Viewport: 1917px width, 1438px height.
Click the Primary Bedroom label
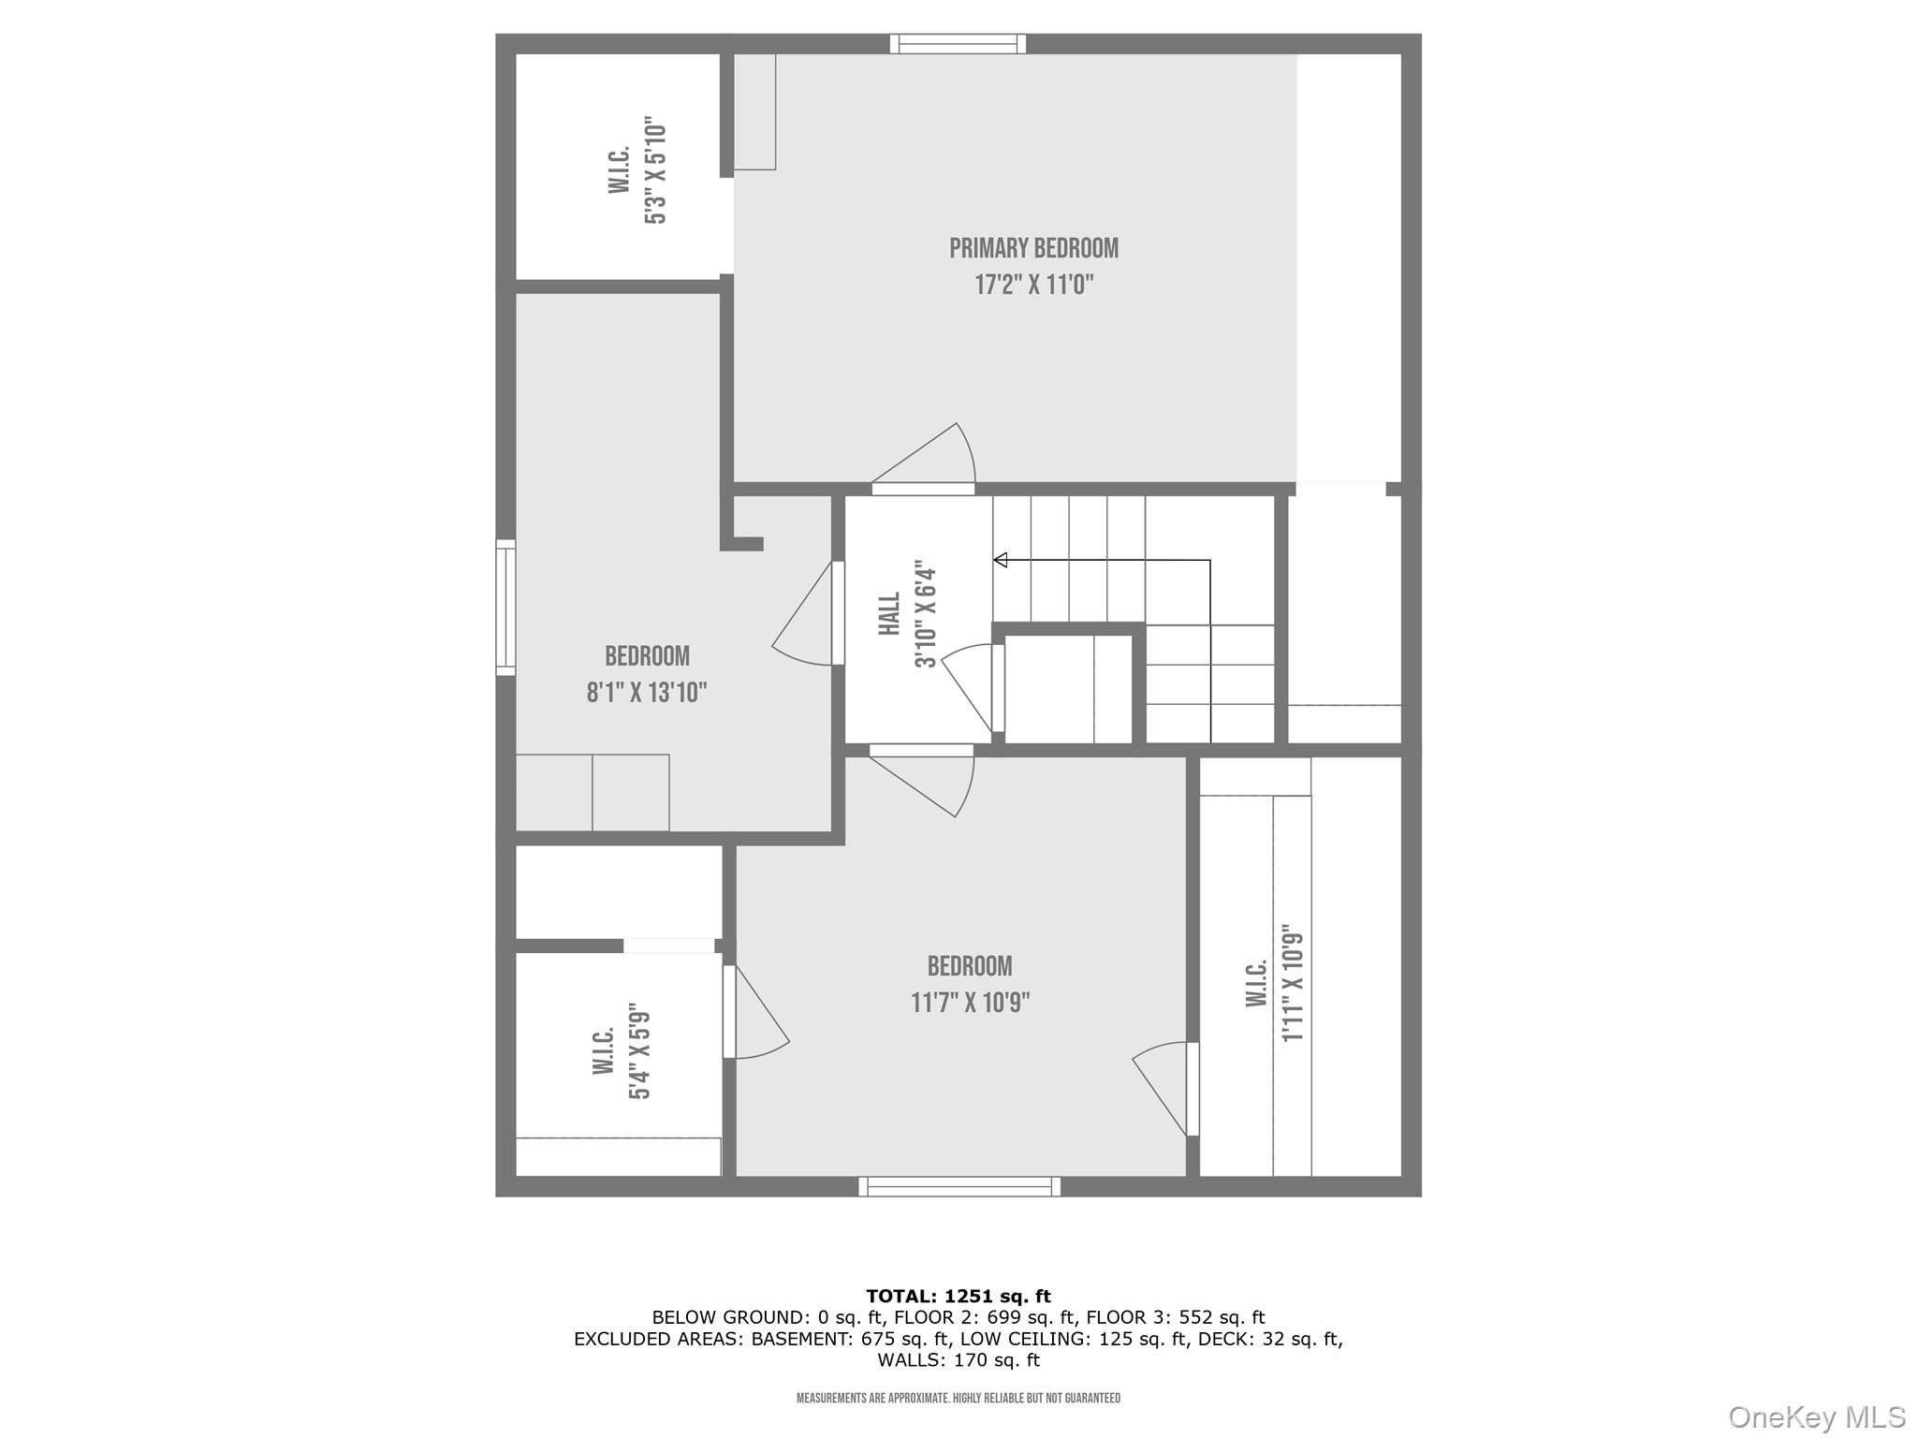click(x=1033, y=248)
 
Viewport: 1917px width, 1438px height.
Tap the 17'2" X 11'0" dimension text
click(x=1033, y=285)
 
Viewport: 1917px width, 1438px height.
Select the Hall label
click(x=889, y=613)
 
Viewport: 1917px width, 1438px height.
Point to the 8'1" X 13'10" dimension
click(x=646, y=693)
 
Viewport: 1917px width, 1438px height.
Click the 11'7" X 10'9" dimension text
click(x=970, y=1003)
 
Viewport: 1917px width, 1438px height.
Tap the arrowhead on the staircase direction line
click(x=1000, y=560)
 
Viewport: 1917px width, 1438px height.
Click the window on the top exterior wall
click(x=958, y=44)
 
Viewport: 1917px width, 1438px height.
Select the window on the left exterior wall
click(x=505, y=607)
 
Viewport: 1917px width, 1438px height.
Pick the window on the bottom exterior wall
click(x=959, y=1186)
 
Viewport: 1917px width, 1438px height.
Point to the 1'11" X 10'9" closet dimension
click(x=1293, y=983)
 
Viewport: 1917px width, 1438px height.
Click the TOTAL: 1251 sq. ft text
click(x=958, y=1296)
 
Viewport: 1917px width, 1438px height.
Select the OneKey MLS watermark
click(x=1816, y=1416)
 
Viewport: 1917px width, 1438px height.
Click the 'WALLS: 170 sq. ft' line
click(x=958, y=1360)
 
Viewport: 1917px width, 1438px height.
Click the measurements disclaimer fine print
click(x=958, y=1398)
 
